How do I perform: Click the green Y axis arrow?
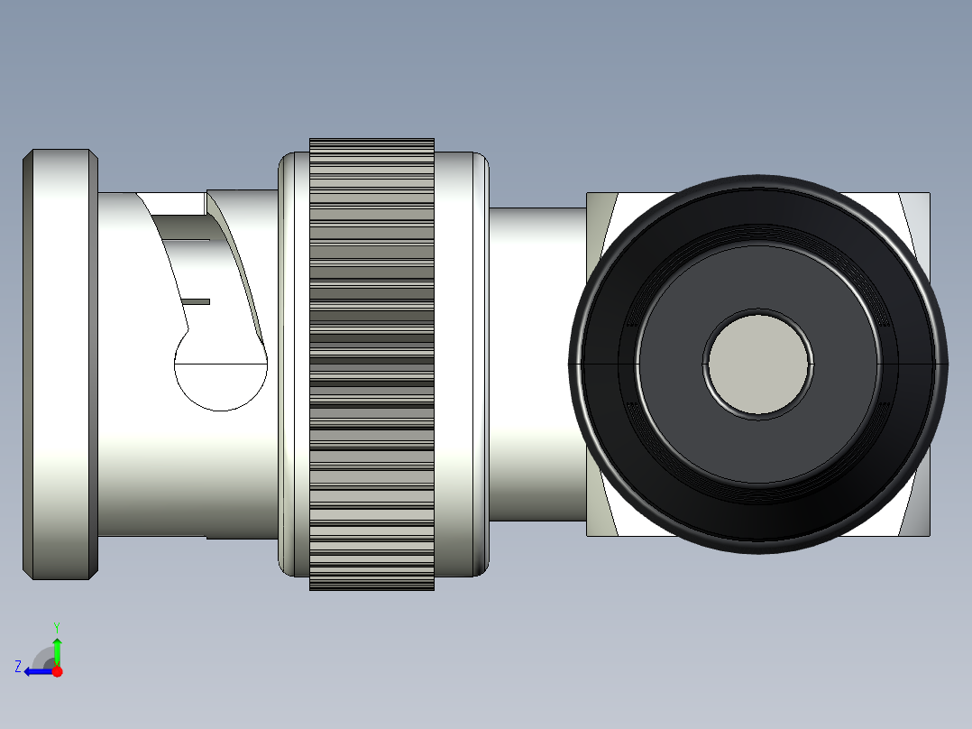pyautogui.click(x=57, y=650)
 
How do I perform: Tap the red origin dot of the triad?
pyautogui.click(x=58, y=671)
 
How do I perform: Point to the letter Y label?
pyautogui.click(x=57, y=625)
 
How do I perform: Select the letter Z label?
pyautogui.click(x=18, y=666)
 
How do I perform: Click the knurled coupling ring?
pyautogui.click(x=371, y=364)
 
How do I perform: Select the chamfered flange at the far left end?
pyautogui.click(x=60, y=364)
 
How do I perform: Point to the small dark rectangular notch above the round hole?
pyautogui.click(x=197, y=301)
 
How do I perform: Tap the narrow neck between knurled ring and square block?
pyautogui.click(x=537, y=364)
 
